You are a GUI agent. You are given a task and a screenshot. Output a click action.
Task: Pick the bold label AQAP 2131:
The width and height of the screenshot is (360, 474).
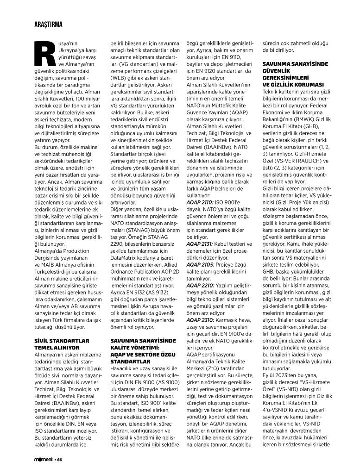pyautogui.click(x=200, y=243)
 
